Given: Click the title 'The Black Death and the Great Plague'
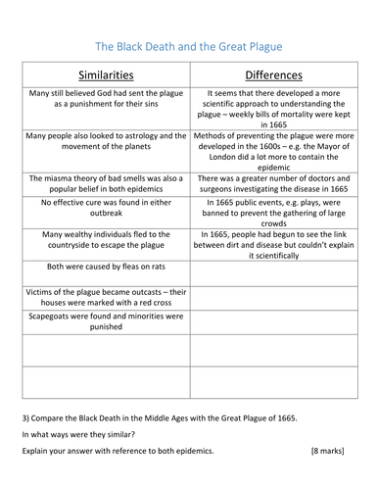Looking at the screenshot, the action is click(x=188, y=45).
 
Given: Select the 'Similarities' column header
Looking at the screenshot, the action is click(x=105, y=74).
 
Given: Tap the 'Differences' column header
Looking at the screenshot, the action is click(x=272, y=74).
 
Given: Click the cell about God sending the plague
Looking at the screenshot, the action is click(x=105, y=101).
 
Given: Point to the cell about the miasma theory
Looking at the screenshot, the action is click(x=105, y=184).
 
